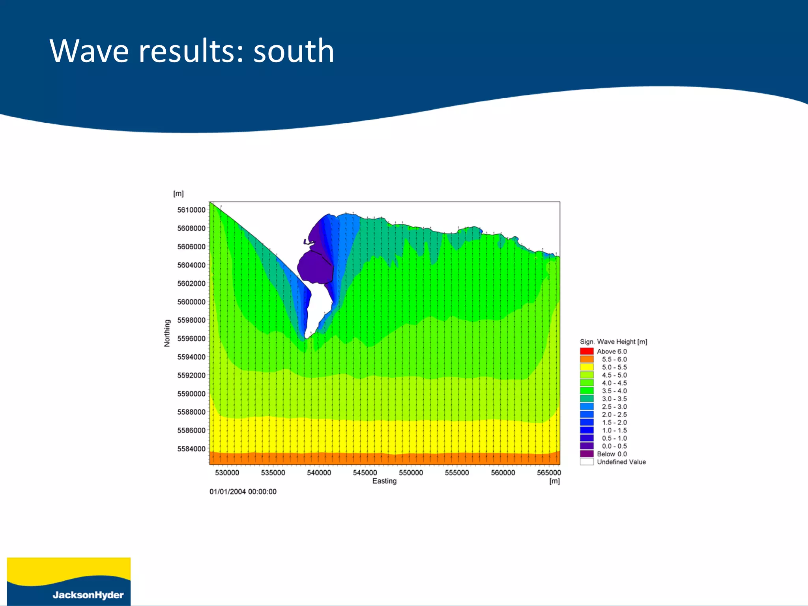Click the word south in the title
(294, 51)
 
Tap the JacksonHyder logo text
(88, 595)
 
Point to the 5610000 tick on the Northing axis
(191, 210)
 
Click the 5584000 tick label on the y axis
(191, 449)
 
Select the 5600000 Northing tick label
(191, 302)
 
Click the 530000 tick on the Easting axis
(227, 473)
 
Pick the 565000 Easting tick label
(548, 473)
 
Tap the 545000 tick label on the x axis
(365, 473)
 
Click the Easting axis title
(384, 481)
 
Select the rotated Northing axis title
(167, 333)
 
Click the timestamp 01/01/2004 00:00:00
(243, 492)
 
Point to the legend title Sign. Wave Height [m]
(613, 342)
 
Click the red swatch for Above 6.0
(587, 351)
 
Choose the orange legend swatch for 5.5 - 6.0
(587, 359)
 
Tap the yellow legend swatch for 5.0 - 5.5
(587, 367)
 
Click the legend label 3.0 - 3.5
(614, 399)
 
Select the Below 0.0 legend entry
(612, 454)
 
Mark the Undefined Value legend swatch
(587, 462)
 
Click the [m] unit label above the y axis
(178, 194)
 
